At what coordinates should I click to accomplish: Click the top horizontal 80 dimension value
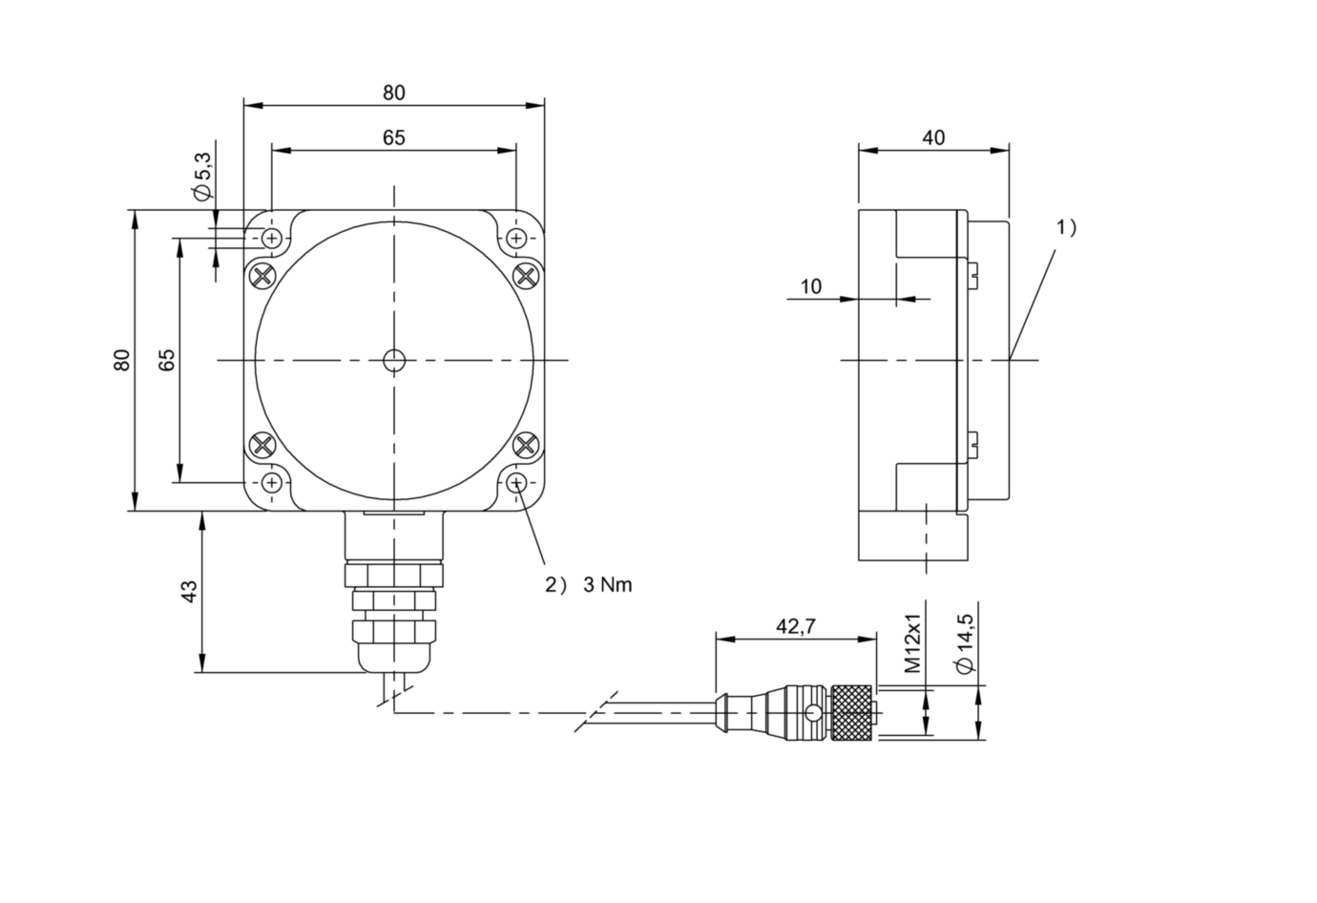(394, 93)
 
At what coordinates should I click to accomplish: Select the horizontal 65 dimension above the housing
(394, 137)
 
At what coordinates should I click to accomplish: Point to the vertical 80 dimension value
(121, 360)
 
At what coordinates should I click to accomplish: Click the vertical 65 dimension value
(167, 360)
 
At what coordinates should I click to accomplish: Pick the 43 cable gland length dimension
(189, 591)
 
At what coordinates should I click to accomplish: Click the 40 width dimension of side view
(933, 137)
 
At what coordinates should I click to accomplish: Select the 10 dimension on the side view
(810, 286)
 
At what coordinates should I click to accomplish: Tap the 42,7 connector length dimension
(795, 626)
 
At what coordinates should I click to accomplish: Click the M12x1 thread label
(912, 644)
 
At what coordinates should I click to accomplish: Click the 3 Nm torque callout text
(608, 584)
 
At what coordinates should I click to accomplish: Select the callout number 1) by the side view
(1066, 227)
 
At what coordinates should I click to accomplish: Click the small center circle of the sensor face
(393, 360)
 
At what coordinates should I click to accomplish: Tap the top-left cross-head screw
(262, 276)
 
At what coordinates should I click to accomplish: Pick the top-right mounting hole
(516, 238)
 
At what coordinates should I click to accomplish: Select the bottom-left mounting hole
(273, 482)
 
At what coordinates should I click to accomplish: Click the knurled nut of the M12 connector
(850, 713)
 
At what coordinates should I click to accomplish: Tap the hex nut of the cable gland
(393, 574)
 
